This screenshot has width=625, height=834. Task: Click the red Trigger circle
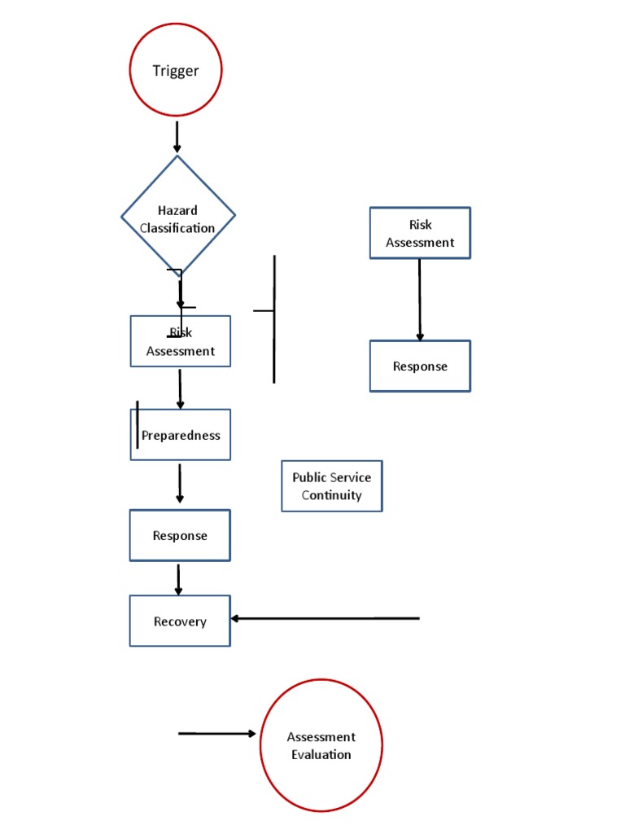(x=176, y=71)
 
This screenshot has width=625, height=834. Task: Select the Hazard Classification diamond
(x=177, y=216)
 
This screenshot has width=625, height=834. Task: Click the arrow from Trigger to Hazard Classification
(x=177, y=137)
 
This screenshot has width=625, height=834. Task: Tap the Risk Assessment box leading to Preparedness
(x=180, y=341)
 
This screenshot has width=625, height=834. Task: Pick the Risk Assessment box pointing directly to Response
(x=420, y=233)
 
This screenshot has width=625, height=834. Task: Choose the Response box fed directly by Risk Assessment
(x=420, y=366)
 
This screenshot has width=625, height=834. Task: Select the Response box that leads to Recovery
(x=180, y=535)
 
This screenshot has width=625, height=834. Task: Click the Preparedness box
(x=180, y=435)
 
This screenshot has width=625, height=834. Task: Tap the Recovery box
(x=180, y=621)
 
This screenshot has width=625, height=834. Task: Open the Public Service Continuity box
(x=331, y=486)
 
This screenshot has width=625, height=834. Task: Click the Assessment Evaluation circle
(x=321, y=745)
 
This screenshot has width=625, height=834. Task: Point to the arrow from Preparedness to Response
(x=180, y=484)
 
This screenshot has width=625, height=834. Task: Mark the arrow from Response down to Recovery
(x=179, y=578)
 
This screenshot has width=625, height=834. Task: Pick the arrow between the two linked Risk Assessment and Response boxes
(x=420, y=299)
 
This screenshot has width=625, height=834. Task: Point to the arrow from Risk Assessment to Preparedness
(x=180, y=388)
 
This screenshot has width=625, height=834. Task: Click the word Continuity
(x=331, y=495)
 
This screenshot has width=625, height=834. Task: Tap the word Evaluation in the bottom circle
(x=321, y=754)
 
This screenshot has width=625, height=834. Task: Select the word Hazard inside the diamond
(x=177, y=211)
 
